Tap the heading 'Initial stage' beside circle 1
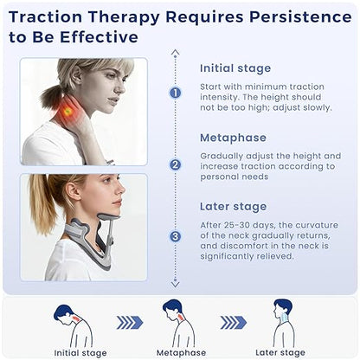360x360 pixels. coord(235,67)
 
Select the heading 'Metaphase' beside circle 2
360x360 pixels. coord(233,137)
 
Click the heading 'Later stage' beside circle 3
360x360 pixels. coord(233,207)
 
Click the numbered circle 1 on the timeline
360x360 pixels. coord(176,93)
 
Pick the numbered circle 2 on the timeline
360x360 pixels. coord(176,164)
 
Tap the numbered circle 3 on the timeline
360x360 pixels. coord(176,235)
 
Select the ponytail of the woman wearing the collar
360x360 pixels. coord(42,203)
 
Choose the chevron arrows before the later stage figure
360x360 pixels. coord(232,322)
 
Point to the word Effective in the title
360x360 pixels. coord(94,37)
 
